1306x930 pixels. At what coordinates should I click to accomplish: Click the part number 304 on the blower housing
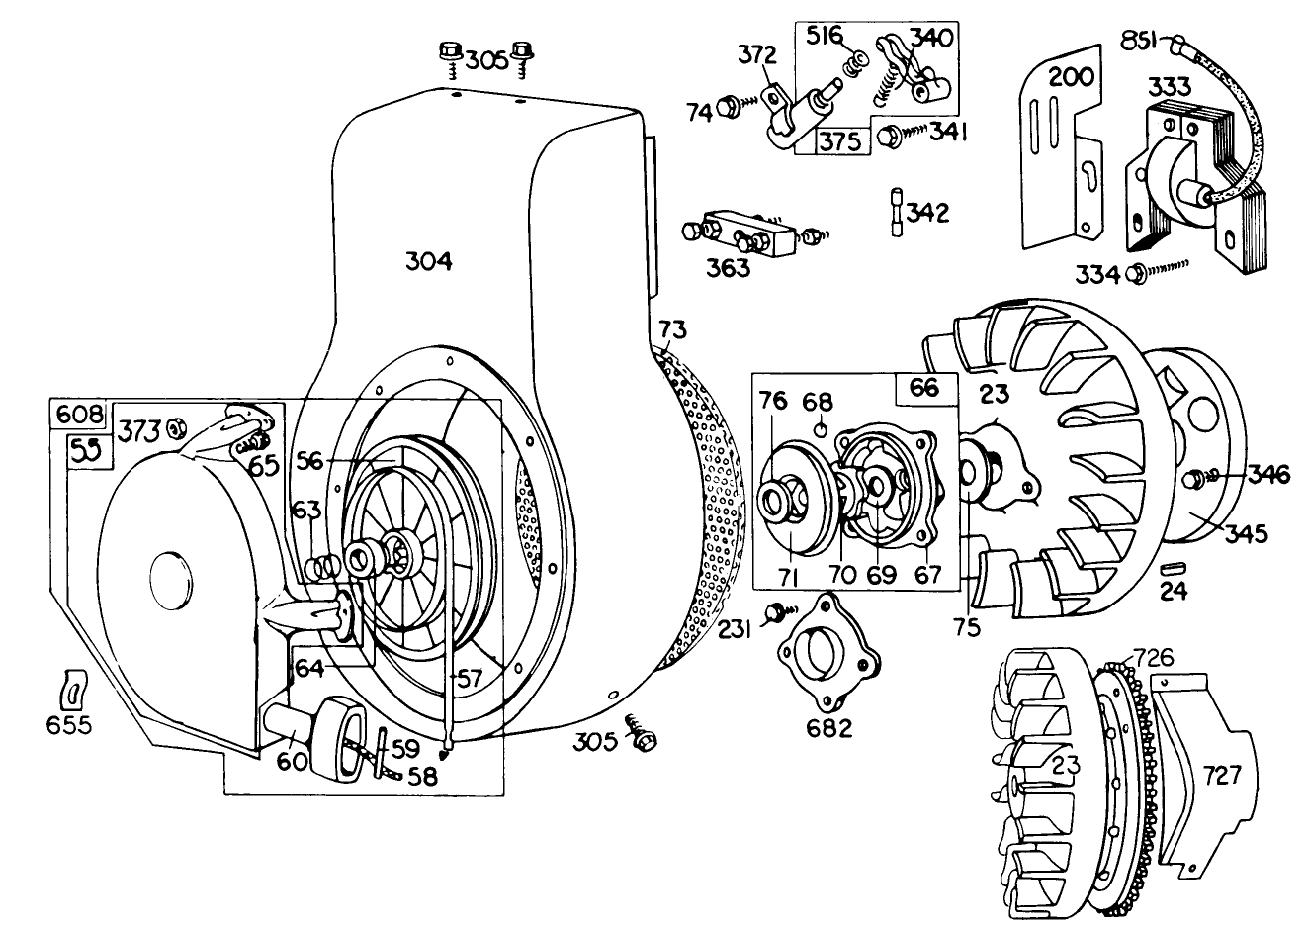tap(428, 261)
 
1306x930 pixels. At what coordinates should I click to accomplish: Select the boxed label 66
tap(923, 388)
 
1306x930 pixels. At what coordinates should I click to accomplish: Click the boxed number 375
tap(839, 140)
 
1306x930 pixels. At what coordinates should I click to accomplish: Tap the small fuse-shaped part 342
tap(895, 211)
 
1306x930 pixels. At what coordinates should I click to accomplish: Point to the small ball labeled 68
tap(821, 429)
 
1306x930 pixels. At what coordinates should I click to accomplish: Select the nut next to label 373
tap(177, 428)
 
